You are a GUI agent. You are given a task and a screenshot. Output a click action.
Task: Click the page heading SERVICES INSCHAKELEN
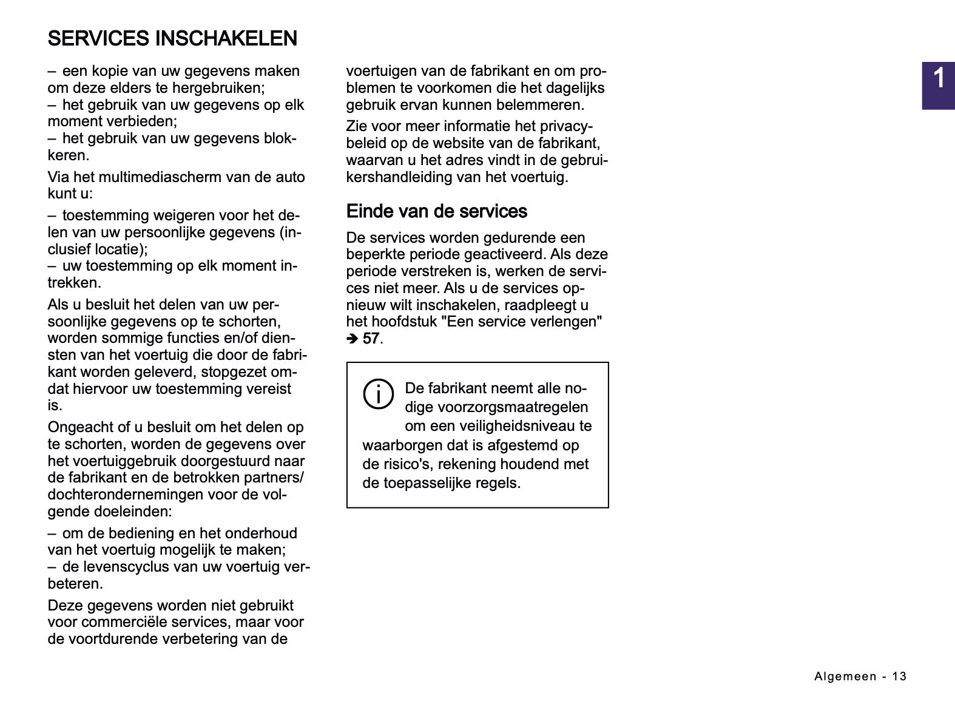(x=172, y=38)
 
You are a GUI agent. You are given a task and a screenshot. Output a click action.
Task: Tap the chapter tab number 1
(x=938, y=79)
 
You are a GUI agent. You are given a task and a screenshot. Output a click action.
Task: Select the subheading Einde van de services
(x=436, y=211)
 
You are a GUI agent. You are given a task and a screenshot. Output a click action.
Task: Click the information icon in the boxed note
(x=378, y=394)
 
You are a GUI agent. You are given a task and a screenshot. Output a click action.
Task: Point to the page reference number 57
(x=371, y=339)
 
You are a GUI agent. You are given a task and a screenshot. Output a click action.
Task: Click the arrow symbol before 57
(x=353, y=339)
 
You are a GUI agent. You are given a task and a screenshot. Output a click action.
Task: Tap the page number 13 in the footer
(x=899, y=676)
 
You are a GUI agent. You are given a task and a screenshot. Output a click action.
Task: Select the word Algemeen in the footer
(x=845, y=676)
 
